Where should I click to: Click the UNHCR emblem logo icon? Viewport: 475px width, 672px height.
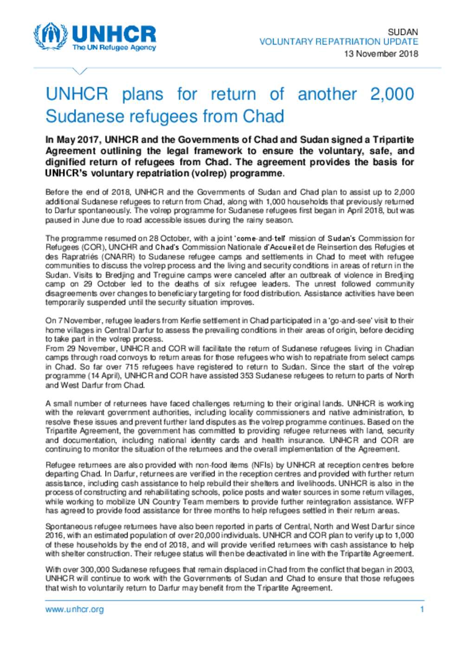51,36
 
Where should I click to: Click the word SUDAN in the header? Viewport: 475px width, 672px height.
403,32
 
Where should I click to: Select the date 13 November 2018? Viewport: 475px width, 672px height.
380,53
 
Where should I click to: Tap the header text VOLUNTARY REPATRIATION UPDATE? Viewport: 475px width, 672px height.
339,42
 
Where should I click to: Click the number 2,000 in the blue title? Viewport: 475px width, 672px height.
392,94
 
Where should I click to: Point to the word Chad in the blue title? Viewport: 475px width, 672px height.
263,116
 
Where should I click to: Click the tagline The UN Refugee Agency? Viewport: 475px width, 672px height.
114,48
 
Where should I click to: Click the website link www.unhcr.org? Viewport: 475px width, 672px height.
74,609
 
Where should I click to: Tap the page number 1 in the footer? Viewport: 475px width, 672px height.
422,609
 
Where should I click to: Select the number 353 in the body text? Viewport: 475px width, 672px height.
246,376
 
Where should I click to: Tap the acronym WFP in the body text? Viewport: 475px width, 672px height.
405,502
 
